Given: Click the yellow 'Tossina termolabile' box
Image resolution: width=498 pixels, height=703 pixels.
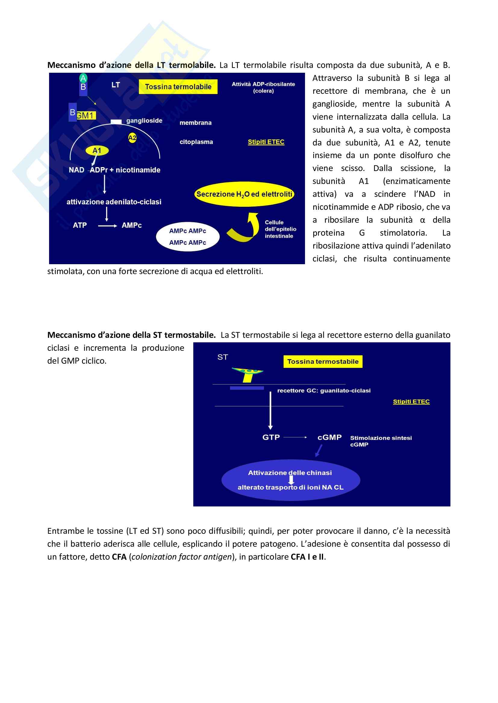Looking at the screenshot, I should [178, 87].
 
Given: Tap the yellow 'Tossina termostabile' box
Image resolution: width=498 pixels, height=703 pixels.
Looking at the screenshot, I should [322, 361].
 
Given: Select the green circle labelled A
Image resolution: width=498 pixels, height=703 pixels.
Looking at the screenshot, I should [83, 78].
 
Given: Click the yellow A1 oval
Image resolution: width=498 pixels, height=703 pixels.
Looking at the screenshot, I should [97, 150].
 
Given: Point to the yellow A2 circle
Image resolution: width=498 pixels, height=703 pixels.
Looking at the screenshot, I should [132, 138].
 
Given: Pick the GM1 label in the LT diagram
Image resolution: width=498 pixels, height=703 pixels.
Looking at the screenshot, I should [86, 115].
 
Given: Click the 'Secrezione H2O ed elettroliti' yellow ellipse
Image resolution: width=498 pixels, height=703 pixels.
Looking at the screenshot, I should [244, 194].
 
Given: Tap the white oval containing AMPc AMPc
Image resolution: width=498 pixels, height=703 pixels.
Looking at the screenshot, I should [188, 237].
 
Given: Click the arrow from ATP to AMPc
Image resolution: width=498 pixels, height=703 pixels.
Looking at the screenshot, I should [107, 226].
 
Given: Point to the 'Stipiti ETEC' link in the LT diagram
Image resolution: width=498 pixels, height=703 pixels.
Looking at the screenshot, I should [266, 142].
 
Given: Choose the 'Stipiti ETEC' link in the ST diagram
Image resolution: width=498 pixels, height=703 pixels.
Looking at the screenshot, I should [411, 402].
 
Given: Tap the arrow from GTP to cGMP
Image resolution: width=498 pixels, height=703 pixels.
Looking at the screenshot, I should [295, 437].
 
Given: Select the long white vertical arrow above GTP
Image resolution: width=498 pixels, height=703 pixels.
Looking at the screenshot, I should [270, 410].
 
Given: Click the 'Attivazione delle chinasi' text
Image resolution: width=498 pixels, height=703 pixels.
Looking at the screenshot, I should [290, 473].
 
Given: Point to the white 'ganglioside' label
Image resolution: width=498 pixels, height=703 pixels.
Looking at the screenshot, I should [144, 121].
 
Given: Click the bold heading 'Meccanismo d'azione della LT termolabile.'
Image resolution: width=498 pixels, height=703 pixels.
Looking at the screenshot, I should [131, 65].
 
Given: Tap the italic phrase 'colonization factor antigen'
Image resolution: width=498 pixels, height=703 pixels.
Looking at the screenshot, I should [181, 557].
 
